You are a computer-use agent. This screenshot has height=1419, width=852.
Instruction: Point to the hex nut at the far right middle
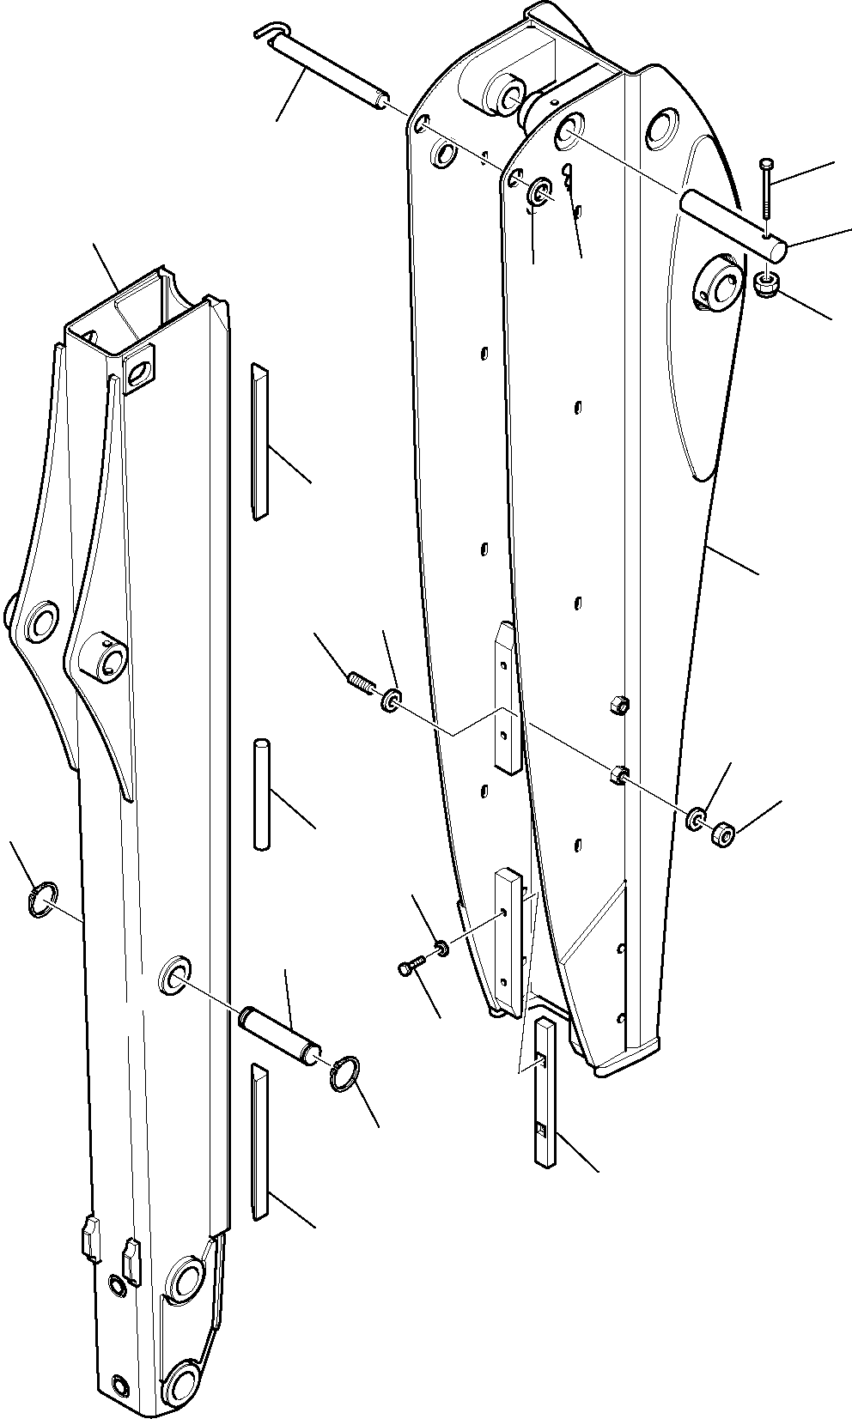pyautogui.click(x=721, y=832)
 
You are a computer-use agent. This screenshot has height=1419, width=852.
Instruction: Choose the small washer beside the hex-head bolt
pyautogui.click(x=441, y=947)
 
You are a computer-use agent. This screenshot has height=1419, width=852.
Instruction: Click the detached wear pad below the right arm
pyautogui.click(x=546, y=1091)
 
